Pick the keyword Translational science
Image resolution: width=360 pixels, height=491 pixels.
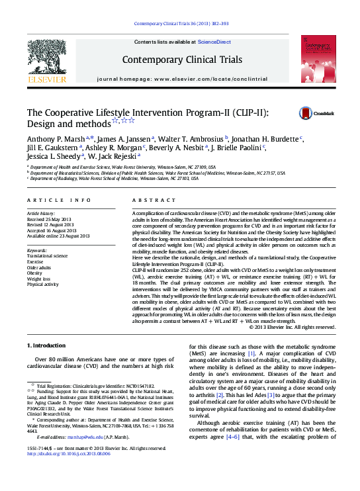(x=47, y=255)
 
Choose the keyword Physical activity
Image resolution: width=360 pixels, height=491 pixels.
(x=42, y=284)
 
